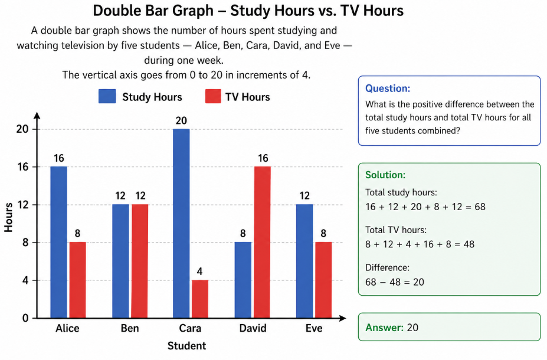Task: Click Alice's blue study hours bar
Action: coord(58,242)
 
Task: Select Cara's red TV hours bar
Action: coord(199,299)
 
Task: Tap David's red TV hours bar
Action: coord(262,242)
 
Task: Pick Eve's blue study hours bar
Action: coord(304,261)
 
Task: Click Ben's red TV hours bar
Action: coord(139,261)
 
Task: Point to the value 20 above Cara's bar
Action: coord(181,121)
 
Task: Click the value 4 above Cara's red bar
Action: coord(199,272)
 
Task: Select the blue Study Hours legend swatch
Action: coord(107,97)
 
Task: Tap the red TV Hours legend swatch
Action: coord(212,97)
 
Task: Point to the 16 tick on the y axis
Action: coord(23,167)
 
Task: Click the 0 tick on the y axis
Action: coord(25,318)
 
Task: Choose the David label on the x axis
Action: coord(253,328)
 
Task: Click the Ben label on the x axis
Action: coord(130,328)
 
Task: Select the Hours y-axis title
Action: coord(9,217)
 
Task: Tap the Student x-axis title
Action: coord(187,345)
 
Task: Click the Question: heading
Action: coord(388,89)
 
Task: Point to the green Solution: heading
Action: coord(385,175)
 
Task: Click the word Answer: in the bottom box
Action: coord(384,327)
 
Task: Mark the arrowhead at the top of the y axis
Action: coord(37,115)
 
